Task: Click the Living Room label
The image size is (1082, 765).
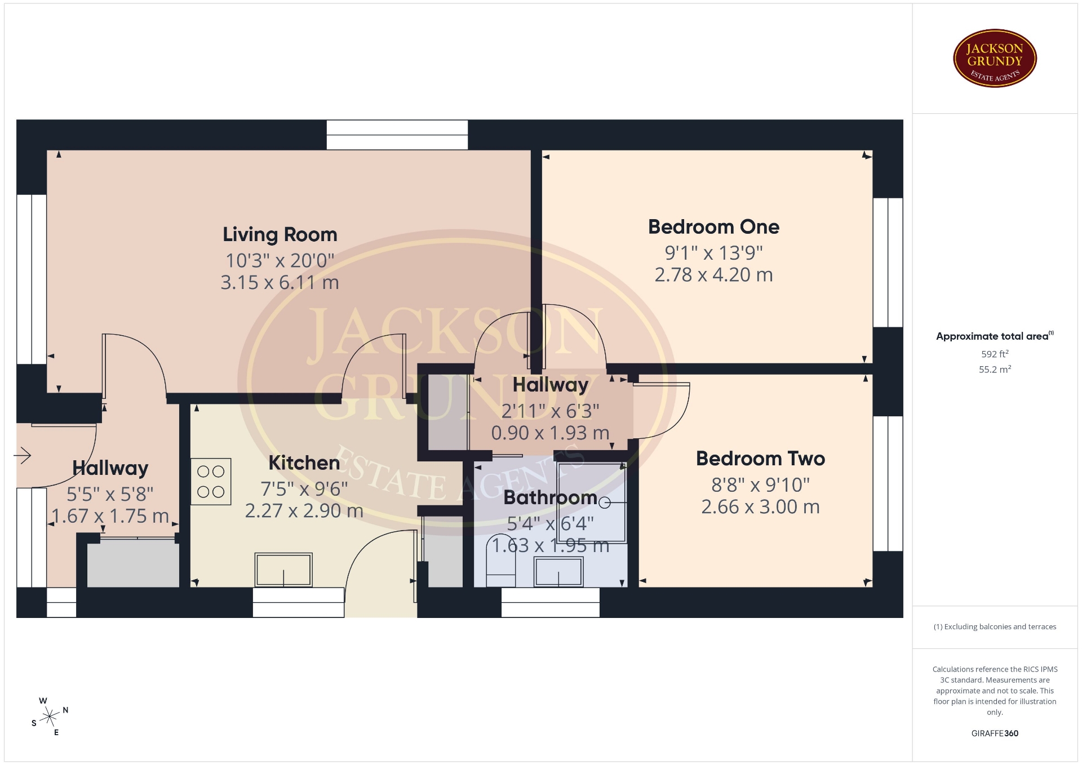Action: point(280,234)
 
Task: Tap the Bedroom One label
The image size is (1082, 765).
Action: point(713,226)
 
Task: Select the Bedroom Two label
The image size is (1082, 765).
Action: point(760,459)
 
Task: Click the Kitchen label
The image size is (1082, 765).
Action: point(304,462)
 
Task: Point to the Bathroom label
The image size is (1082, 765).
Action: point(550,497)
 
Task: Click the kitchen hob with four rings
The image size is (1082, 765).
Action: point(211,481)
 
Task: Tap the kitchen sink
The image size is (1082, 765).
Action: point(283,570)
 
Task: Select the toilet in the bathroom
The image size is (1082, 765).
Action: point(500,561)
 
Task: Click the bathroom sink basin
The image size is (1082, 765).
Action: point(558,571)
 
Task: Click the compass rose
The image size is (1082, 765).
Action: point(50,717)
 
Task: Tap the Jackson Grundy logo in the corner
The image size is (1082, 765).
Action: point(995,59)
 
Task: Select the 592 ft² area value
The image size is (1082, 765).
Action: point(995,354)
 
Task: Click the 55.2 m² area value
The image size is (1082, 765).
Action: point(995,370)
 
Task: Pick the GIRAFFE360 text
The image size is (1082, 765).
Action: point(995,733)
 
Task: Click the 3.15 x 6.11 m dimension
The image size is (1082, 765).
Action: point(280,282)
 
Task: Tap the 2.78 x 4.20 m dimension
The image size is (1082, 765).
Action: point(713,275)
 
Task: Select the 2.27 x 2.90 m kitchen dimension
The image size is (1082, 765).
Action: point(304,510)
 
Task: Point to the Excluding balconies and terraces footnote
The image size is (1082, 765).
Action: point(995,626)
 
